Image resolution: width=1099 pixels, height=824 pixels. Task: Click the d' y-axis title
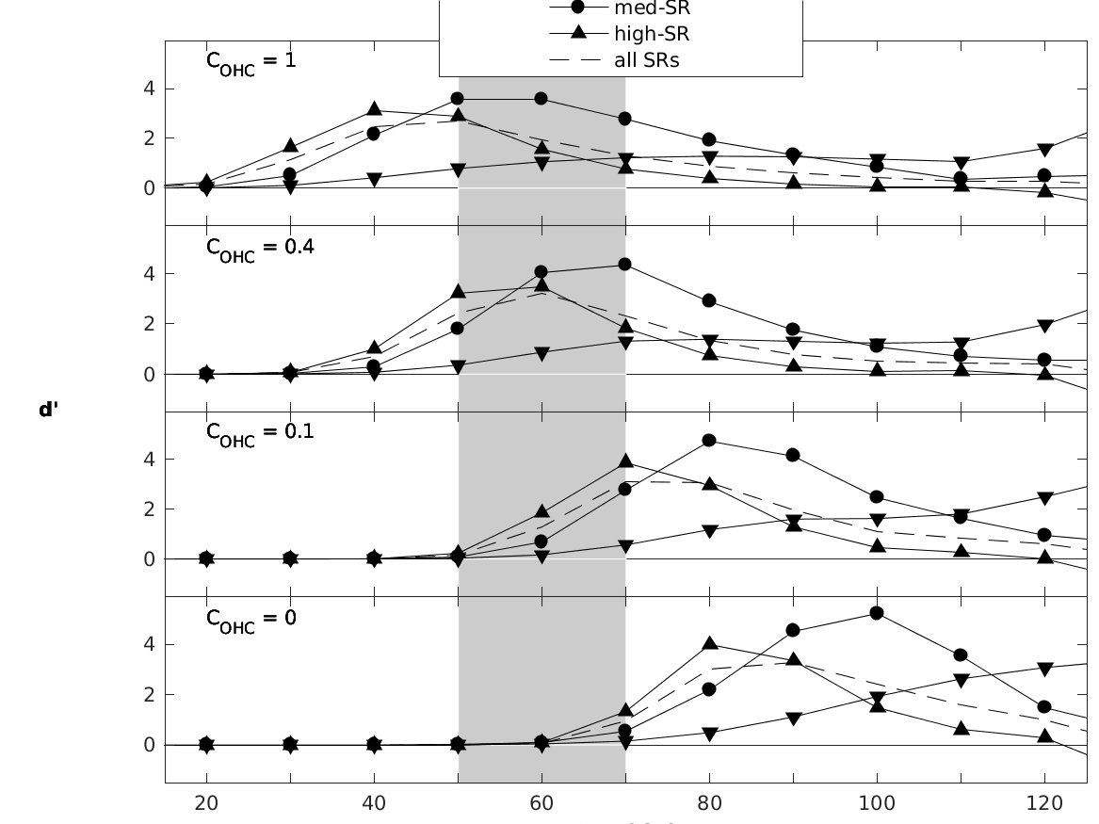(x=46, y=411)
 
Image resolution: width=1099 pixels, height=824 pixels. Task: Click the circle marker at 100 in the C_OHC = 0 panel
(x=877, y=613)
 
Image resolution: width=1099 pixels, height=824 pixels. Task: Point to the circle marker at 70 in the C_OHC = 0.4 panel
(x=625, y=265)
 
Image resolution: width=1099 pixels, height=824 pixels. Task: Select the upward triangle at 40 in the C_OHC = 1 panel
(x=375, y=110)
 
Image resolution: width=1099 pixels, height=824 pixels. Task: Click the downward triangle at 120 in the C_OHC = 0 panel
(x=1044, y=669)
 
